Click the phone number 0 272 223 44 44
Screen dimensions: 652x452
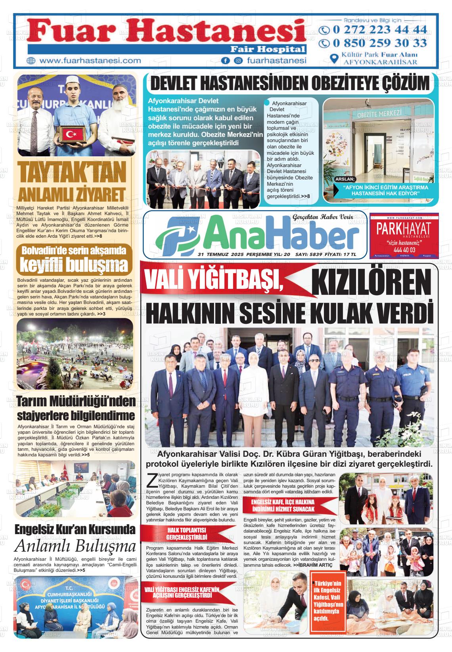tap(379, 29)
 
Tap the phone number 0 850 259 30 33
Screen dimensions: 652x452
tap(379, 42)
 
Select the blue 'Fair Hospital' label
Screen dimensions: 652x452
tap(268, 50)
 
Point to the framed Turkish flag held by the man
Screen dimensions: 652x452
tap(73, 135)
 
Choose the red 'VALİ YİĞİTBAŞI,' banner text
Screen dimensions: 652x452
tap(214, 280)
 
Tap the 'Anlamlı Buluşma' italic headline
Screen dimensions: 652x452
tap(75, 546)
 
